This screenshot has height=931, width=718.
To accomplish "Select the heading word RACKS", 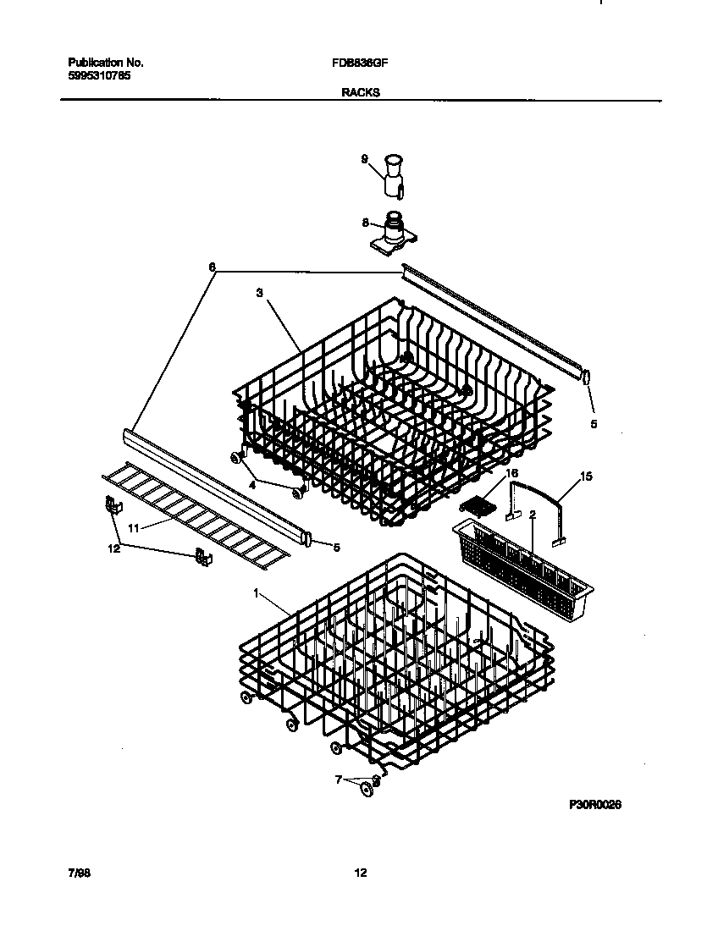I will [x=360, y=94].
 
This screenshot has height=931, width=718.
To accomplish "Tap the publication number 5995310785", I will [x=99, y=75].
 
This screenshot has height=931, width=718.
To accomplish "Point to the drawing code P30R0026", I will [x=595, y=806].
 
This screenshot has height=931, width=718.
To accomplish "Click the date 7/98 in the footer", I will [x=79, y=873].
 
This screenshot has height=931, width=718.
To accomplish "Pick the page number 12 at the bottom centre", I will [x=360, y=873].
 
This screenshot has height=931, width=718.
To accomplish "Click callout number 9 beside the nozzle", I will [x=364, y=158].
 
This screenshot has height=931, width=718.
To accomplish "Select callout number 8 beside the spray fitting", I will [x=365, y=223].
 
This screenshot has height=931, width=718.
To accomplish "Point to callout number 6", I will [x=212, y=267].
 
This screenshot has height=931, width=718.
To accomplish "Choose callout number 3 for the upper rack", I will [x=259, y=293].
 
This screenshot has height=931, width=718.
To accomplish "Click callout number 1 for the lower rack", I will [x=256, y=593].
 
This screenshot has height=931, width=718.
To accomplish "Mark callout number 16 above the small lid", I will [x=511, y=472].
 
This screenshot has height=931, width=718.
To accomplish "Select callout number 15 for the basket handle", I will [x=585, y=477].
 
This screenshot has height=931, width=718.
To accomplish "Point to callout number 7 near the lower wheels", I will [x=340, y=780].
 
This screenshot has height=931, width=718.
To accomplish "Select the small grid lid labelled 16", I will [x=476, y=504].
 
